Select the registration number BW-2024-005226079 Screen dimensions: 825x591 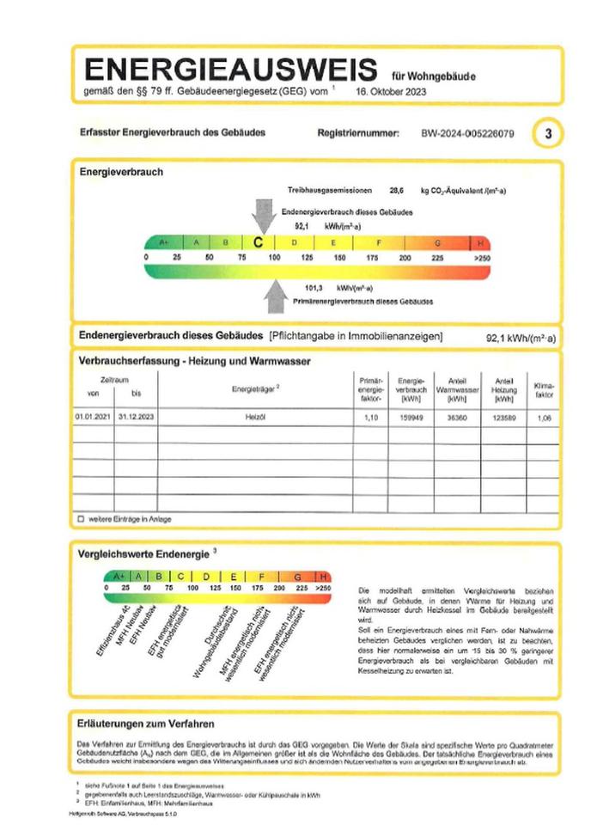468,133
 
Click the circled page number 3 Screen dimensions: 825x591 548,133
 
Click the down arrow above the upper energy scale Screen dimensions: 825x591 263,215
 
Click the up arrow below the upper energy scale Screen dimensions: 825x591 275,296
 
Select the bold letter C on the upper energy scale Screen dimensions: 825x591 258,242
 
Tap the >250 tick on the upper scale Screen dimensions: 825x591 481,258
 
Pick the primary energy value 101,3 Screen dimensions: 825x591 318,288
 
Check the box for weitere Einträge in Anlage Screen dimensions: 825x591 81,519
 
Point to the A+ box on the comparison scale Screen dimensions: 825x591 116,576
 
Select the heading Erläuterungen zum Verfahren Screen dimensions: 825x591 145,724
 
